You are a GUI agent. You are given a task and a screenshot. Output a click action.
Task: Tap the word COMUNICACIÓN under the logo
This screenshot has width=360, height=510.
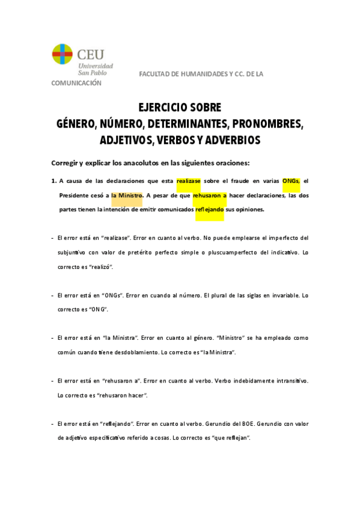(x=76, y=83)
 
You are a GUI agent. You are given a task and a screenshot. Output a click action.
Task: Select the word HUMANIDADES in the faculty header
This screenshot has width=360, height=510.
(x=198, y=73)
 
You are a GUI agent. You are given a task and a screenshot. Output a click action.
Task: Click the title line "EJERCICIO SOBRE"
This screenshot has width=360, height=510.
(x=180, y=108)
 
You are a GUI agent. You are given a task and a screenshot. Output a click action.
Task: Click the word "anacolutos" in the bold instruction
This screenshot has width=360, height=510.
(x=158, y=162)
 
